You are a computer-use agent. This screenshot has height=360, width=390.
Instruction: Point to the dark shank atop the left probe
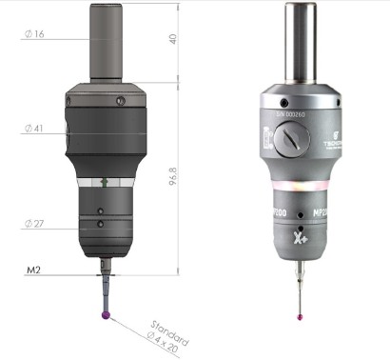(105, 43)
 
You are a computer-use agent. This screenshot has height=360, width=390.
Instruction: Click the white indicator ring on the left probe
(105, 180)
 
